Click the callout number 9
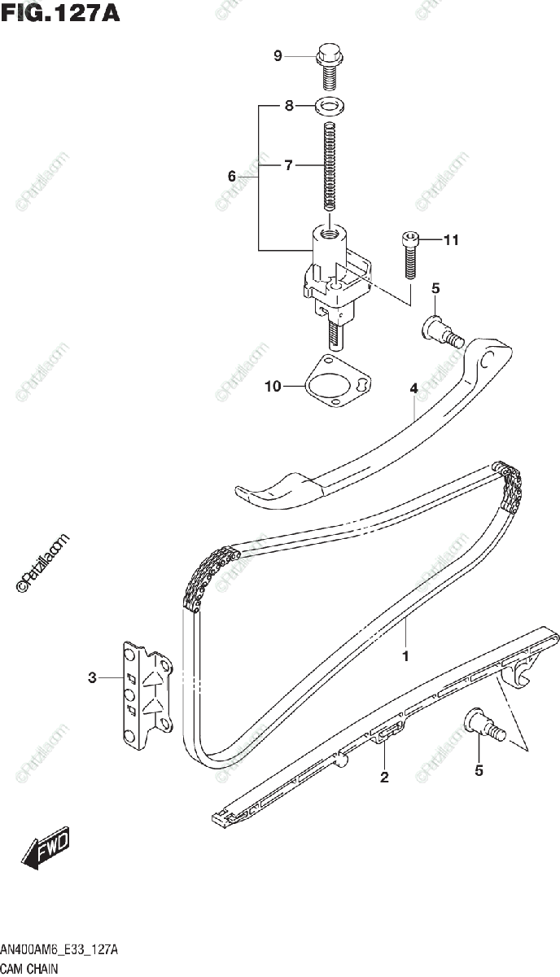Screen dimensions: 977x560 click(x=278, y=56)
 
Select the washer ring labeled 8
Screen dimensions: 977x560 click(x=330, y=105)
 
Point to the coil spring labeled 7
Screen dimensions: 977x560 click(x=330, y=167)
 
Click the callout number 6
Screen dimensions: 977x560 click(x=232, y=176)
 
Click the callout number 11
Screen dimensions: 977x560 click(x=451, y=239)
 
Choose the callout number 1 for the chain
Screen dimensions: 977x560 click(x=405, y=654)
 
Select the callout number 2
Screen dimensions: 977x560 click(x=384, y=778)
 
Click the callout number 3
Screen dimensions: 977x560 click(x=92, y=677)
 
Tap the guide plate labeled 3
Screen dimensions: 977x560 click(x=147, y=692)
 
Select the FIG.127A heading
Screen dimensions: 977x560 click(x=61, y=14)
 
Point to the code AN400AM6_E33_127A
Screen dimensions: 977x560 click(x=60, y=950)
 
